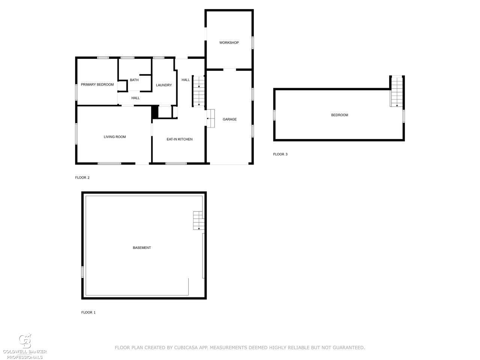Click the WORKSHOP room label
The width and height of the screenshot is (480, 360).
click(229, 43)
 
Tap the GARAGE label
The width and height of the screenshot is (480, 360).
click(229, 119)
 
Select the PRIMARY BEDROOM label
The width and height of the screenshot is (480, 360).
click(97, 85)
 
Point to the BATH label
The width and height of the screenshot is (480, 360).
click(134, 80)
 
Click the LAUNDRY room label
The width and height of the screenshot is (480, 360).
click(163, 85)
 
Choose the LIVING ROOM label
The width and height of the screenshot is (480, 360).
click(115, 137)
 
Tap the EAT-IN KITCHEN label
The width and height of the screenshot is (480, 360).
click(179, 139)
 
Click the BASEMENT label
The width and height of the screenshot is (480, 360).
click(142, 247)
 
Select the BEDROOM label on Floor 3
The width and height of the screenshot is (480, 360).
click(339, 115)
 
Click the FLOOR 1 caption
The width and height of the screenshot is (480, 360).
click(88, 312)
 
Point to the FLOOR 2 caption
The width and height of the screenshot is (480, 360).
click(82, 177)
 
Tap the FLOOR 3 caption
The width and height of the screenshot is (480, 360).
click(280, 154)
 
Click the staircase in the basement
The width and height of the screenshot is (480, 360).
click(198, 220)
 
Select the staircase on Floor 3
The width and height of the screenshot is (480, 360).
click(396, 91)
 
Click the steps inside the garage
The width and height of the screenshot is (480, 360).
click(211, 118)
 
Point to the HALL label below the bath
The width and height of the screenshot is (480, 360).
click(135, 98)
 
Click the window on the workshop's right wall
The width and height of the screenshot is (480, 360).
click(252, 43)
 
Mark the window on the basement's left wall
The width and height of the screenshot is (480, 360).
click(82, 272)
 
